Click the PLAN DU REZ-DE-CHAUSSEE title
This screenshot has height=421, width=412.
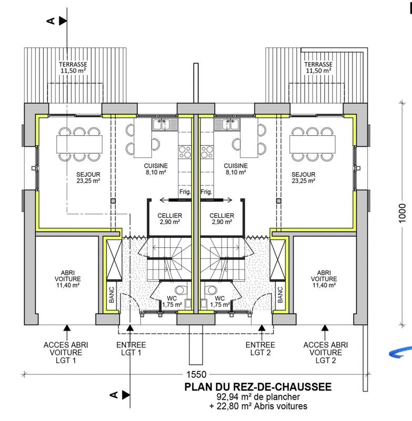(258, 387)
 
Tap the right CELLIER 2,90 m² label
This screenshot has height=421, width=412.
(222, 219)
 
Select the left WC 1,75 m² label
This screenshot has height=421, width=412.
(171, 301)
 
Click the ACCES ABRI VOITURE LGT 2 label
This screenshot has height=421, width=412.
(324, 353)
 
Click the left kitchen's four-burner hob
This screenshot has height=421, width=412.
(185, 153)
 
